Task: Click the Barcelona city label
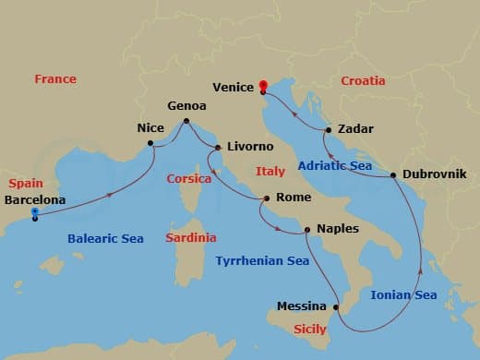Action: (x=35, y=199)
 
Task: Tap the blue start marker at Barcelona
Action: (x=34, y=213)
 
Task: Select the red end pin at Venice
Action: (x=263, y=87)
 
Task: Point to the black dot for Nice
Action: (x=150, y=143)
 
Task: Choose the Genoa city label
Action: (x=186, y=106)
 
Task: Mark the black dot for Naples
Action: (x=307, y=230)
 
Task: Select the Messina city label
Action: (x=302, y=306)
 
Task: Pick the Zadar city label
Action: (x=355, y=130)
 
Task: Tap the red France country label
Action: (x=55, y=79)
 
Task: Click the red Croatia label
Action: (x=363, y=81)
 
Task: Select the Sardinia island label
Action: (x=191, y=237)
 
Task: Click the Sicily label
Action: (x=310, y=329)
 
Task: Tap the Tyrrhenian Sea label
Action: (x=262, y=261)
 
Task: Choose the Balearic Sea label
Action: (x=105, y=239)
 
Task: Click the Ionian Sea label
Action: (x=403, y=295)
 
